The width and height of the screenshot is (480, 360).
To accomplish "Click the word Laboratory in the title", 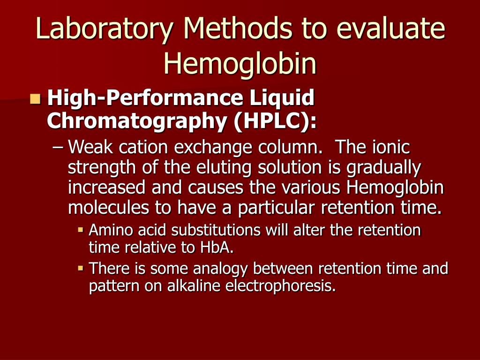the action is tap(104, 29).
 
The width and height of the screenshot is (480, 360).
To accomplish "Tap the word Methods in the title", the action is tap(239, 28).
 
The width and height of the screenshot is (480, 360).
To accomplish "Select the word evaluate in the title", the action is tap(390, 28).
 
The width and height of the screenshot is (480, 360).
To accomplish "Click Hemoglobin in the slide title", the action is tap(240, 63).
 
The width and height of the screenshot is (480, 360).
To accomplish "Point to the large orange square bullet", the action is tap(36, 99).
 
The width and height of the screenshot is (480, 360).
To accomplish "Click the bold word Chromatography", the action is tap(137, 121).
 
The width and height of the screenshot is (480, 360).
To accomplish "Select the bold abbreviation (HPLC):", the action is tap(275, 121).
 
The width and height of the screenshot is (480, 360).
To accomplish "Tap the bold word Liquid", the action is tap(282, 98).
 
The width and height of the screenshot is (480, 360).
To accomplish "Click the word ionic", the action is tap(391, 147).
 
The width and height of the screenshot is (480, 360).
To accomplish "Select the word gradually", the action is tap(384, 168).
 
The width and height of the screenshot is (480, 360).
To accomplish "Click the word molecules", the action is tap(108, 208).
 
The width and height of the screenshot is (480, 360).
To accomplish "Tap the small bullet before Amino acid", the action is tap(81, 229).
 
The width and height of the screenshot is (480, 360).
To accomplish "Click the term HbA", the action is tap(217, 247).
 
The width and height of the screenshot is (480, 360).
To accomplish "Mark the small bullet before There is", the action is tap(81, 269).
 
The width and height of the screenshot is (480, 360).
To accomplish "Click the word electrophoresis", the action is tap(280, 286).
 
